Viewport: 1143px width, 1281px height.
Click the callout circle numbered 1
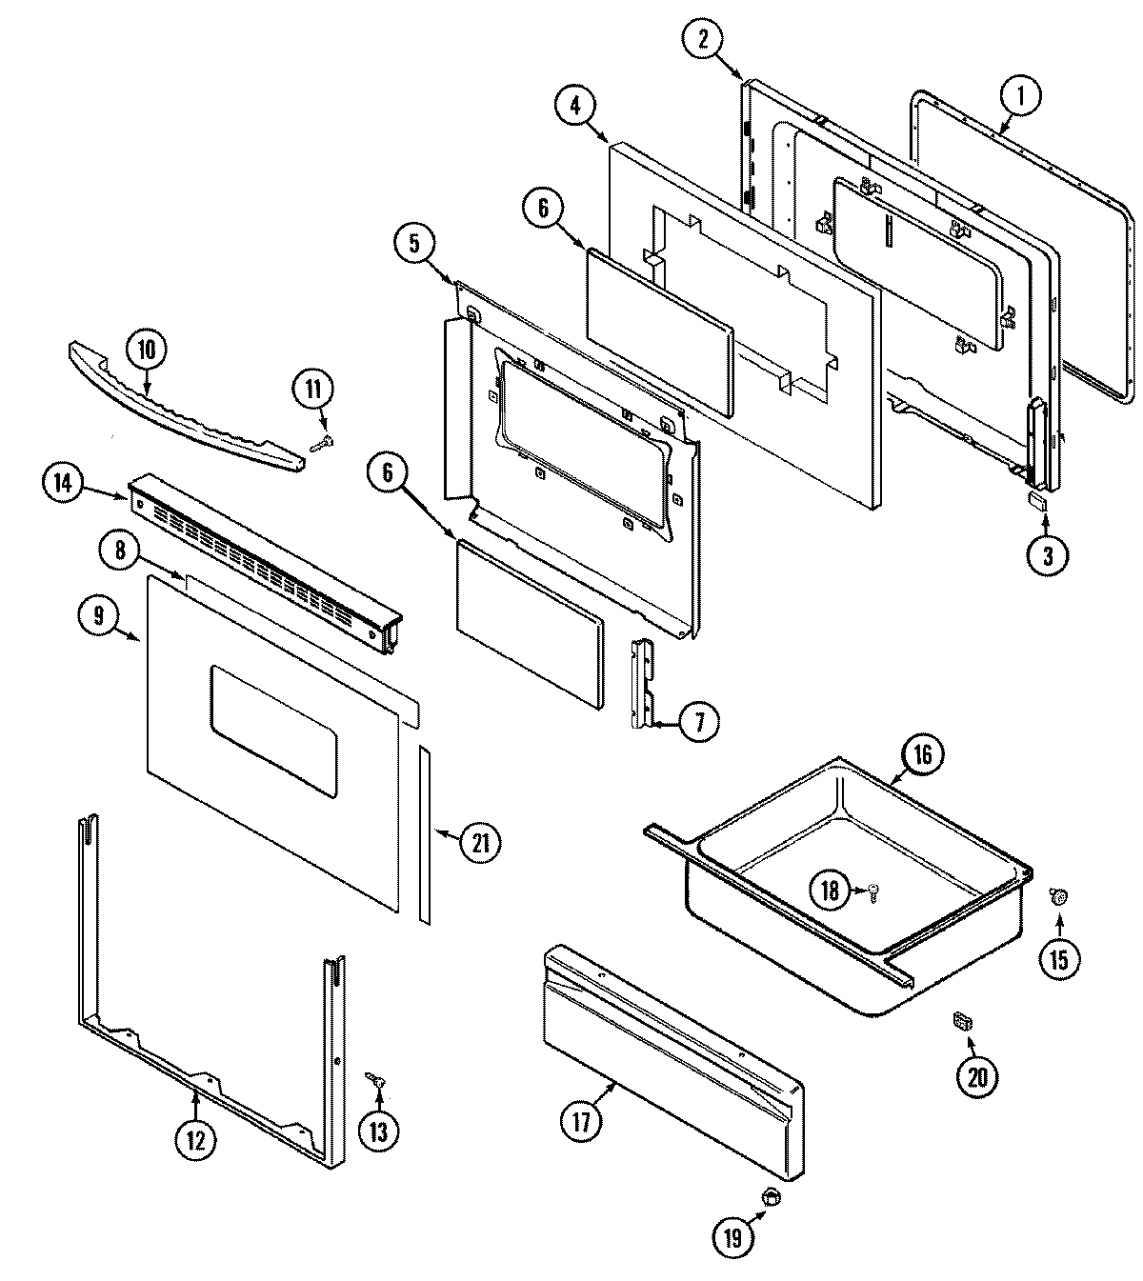1021,95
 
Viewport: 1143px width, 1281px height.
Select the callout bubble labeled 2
703,39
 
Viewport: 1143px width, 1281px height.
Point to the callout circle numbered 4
574,106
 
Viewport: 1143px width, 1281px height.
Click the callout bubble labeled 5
414,243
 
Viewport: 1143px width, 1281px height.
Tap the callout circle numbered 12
195,1141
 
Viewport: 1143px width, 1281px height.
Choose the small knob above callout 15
1056,894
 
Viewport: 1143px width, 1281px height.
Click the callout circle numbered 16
923,755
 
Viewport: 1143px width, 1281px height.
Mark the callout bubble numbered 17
581,1120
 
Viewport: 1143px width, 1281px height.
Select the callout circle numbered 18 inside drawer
831,891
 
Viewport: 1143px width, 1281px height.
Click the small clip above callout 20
963,1022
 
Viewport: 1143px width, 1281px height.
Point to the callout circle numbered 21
480,842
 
